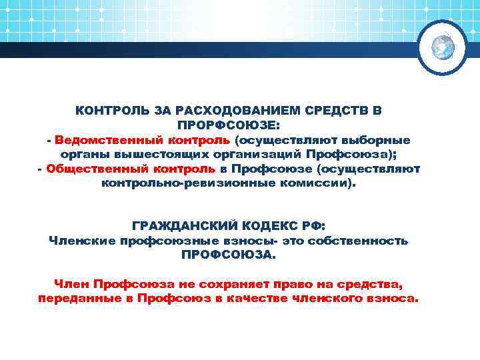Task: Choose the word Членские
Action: (83, 241)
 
